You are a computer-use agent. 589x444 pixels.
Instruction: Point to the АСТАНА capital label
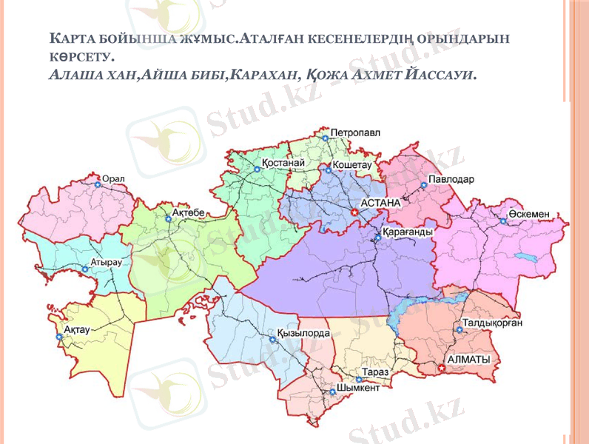(380, 202)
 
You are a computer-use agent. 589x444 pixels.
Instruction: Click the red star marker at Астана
(354, 212)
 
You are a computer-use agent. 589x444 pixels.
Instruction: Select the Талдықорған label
(494, 323)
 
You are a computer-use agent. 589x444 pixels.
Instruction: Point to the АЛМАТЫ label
(469, 359)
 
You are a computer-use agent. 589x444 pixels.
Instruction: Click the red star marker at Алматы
(442, 366)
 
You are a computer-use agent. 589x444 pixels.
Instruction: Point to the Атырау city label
(106, 262)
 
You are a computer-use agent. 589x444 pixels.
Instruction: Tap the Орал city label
(113, 178)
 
